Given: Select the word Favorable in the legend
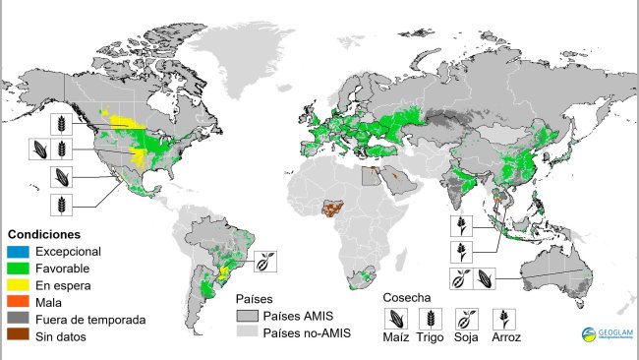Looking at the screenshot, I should pos(63,268).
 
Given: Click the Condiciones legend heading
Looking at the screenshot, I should pos(43,235).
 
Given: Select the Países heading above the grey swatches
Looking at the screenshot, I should pos(253,298).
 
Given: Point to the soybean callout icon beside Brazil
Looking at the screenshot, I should pos(266,262).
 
